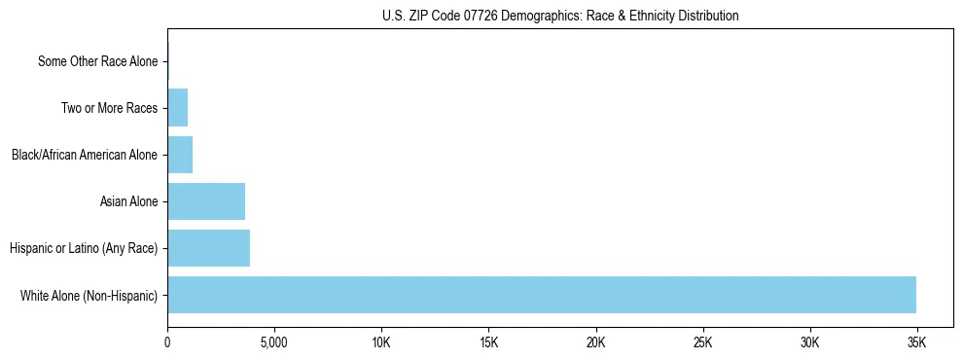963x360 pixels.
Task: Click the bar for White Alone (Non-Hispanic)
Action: pyautogui.click(x=541, y=295)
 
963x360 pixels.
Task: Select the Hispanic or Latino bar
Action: pyautogui.click(x=208, y=248)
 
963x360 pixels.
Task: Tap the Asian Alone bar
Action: pyautogui.click(x=206, y=201)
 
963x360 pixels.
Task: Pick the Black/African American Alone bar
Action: pyautogui.click(x=180, y=155)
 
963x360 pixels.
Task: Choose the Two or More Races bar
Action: pyautogui.click(x=177, y=108)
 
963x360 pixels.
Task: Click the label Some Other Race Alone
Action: pyautogui.click(x=97, y=61)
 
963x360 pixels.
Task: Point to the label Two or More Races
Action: pyautogui.click(x=109, y=108)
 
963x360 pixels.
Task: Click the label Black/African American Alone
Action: pyautogui.click(x=85, y=155)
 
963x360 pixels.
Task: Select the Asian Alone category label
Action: pyautogui.click(x=128, y=201)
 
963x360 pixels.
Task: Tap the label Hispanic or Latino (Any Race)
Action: pyautogui.click(x=84, y=248)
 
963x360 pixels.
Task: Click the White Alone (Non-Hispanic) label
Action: pyautogui.click(x=89, y=295)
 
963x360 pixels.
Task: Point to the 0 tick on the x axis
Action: pyautogui.click(x=167, y=343)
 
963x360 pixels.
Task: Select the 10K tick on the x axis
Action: pyautogui.click(x=381, y=343)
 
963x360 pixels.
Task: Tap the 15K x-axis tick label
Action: pyautogui.click(x=488, y=343)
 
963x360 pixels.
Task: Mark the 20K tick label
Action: pyautogui.click(x=595, y=343)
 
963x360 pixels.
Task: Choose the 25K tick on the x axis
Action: pyautogui.click(x=702, y=343)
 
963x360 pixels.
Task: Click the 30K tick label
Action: pyautogui.click(x=809, y=343)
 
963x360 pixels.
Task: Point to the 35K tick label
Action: pyautogui.click(x=916, y=343)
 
